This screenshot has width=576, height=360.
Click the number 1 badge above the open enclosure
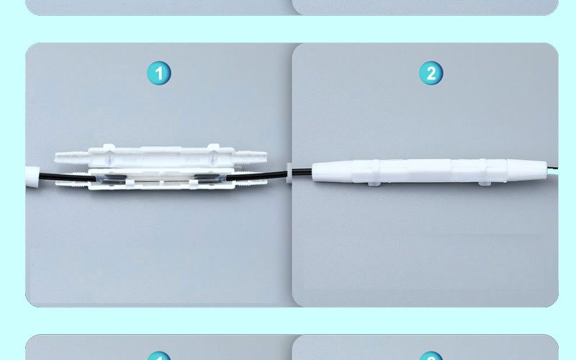click(159, 73)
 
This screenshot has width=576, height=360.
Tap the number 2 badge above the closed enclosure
click(431, 73)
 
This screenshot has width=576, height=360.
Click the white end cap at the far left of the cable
click(32, 176)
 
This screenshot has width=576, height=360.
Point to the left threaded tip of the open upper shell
click(71, 157)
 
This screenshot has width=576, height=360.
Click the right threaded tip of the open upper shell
click(250, 157)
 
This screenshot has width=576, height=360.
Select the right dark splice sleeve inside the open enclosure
click(210, 178)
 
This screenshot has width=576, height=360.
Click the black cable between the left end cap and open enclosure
click(67, 177)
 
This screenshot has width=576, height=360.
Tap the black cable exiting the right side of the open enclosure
click(256, 176)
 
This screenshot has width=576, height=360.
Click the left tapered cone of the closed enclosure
click(332, 171)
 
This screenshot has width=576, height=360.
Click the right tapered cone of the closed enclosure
click(527, 170)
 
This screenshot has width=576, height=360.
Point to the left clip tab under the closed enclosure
click(374, 184)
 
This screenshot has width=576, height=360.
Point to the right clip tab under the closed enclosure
click(485, 183)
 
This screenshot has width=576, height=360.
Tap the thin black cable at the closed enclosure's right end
click(552, 168)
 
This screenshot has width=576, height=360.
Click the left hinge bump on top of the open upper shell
click(109, 147)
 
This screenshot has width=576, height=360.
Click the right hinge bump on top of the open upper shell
click(213, 147)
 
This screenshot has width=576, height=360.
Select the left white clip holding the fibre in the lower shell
click(130, 183)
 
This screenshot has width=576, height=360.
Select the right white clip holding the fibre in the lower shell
click(193, 184)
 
